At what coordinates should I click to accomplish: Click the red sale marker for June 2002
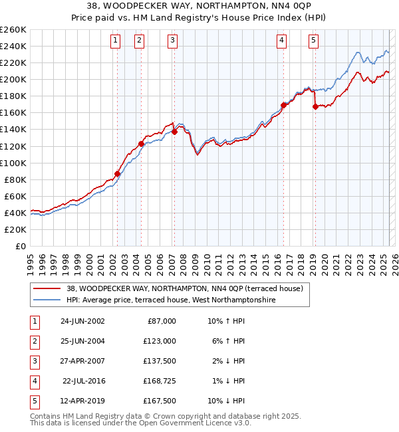point(118,173)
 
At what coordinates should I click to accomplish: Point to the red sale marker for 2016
point(283,105)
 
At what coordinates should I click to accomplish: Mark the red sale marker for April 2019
point(315,106)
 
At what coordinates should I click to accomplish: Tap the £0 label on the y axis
point(20,246)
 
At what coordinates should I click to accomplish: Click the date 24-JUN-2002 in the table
point(82,321)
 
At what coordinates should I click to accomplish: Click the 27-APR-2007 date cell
point(82,361)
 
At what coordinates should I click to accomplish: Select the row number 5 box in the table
point(33,401)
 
